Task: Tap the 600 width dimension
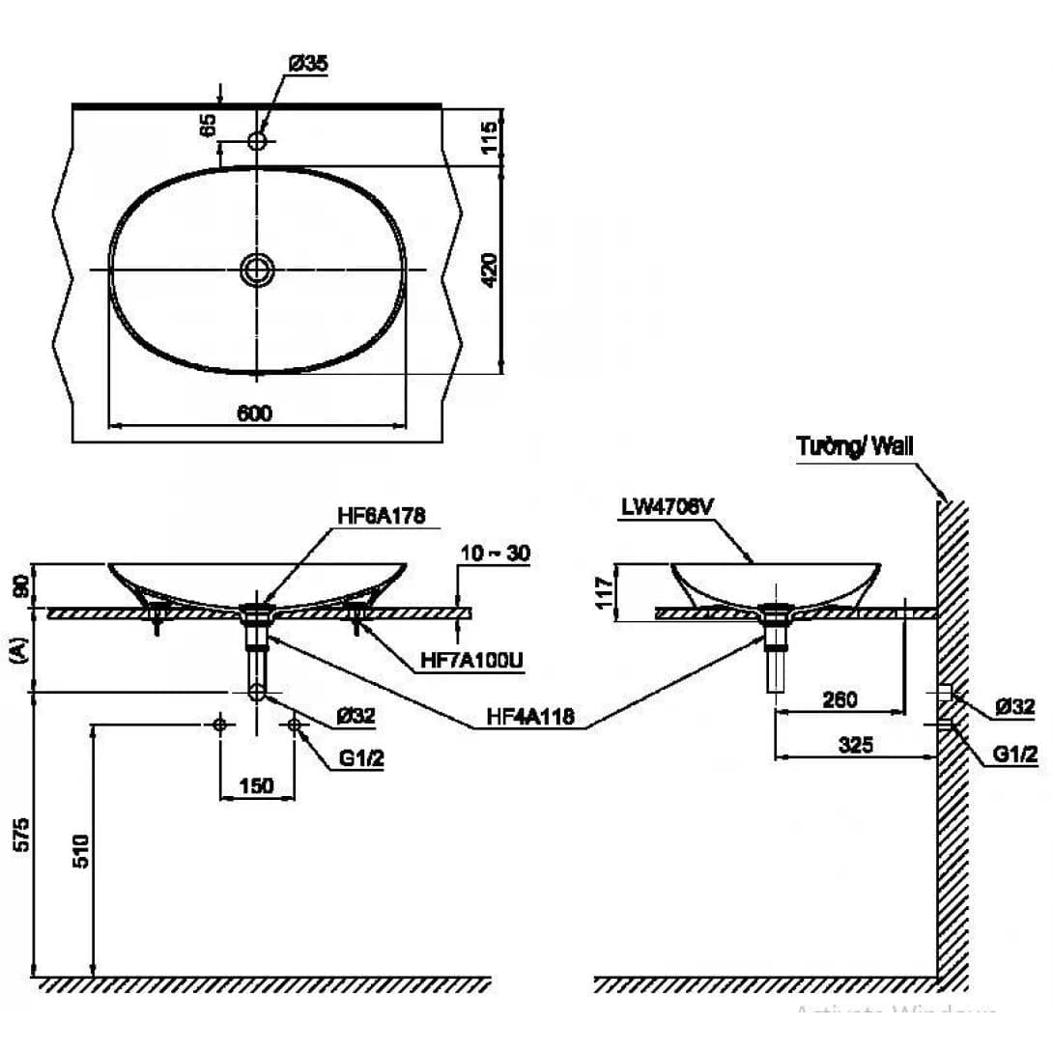tap(254, 413)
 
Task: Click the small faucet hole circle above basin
tap(258, 141)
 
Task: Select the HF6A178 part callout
tap(382, 514)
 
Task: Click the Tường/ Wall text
tap(854, 445)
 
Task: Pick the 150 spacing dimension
tap(256, 785)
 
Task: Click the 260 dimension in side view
tap(840, 698)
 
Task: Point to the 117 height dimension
tap(604, 591)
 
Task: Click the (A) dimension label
tap(19, 652)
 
